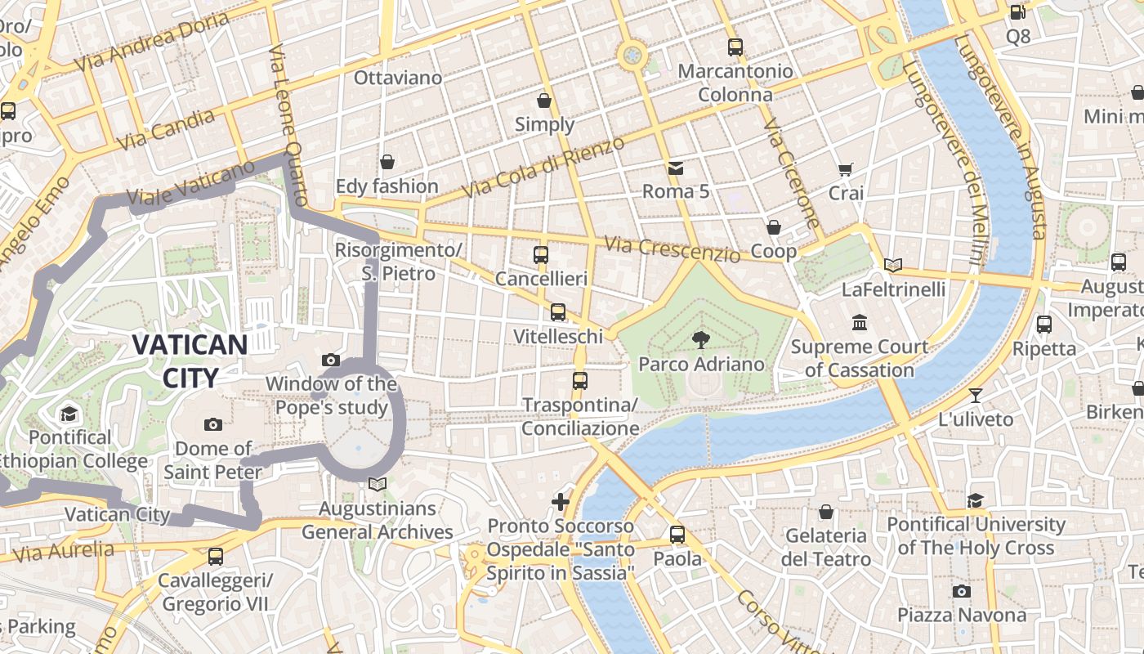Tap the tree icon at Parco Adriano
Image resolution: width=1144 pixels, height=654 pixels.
click(700, 340)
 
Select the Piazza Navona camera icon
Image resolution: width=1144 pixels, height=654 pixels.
click(962, 591)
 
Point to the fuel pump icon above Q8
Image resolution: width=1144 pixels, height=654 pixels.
click(1017, 12)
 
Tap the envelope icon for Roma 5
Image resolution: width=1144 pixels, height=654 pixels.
click(676, 168)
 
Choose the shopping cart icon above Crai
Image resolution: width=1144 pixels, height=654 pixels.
click(846, 170)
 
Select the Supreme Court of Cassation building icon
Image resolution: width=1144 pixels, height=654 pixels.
click(859, 323)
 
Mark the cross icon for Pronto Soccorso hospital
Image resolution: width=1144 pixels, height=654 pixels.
click(561, 501)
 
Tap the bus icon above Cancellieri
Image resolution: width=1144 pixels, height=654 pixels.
click(541, 255)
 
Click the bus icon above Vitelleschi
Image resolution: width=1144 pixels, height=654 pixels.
click(558, 312)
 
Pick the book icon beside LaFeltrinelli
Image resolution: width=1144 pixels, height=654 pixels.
click(893, 265)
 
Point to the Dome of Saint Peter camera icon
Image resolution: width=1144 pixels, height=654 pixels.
click(213, 424)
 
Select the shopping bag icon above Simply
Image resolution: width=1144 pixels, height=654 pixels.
click(544, 101)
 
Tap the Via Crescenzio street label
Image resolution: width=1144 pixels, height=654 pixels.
click(672, 249)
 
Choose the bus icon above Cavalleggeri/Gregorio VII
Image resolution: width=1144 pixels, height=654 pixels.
click(216, 557)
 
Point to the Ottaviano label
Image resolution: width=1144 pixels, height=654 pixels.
click(398, 78)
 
